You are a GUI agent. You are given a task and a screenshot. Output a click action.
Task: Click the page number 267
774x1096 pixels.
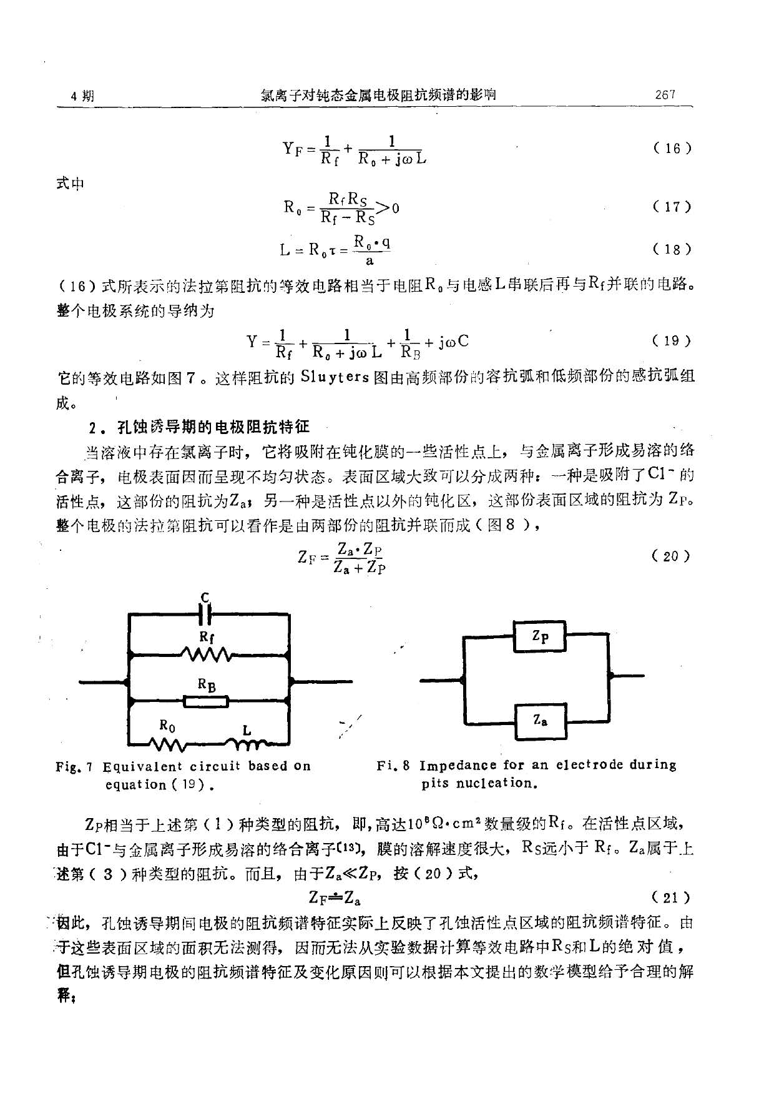(x=665, y=95)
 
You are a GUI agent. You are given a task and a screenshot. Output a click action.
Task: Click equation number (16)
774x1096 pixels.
(x=672, y=149)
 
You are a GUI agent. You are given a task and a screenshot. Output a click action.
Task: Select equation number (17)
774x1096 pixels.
(x=672, y=207)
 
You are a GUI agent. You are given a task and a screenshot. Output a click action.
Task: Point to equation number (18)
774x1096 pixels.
(x=672, y=249)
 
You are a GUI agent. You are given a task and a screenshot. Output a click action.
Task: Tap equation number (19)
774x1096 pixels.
(x=672, y=341)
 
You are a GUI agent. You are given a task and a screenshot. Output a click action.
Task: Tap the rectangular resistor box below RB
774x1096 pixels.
(x=207, y=701)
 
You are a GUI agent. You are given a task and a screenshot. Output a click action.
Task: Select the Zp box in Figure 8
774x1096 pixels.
(x=540, y=637)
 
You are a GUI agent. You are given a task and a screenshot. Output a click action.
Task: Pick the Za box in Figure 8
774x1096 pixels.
(x=541, y=721)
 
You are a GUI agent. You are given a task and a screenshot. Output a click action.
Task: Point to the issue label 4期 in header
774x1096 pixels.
(x=84, y=96)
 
